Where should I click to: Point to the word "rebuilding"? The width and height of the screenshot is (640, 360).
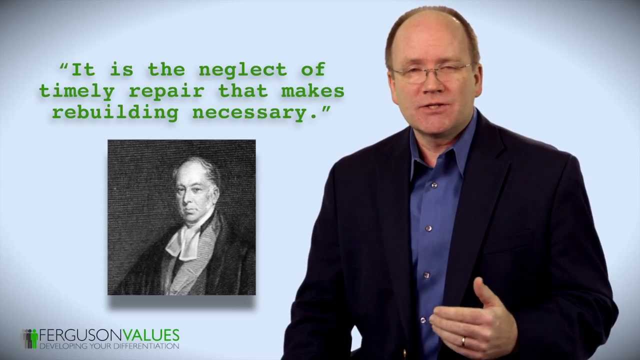pyautogui.click(x=115, y=113)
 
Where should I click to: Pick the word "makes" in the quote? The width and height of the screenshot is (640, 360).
pyautogui.click(x=312, y=91)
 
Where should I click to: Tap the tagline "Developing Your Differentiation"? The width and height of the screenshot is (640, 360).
pyautogui.click(x=109, y=346)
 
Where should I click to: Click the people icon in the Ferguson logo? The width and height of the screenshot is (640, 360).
pyautogui.click(x=30, y=338)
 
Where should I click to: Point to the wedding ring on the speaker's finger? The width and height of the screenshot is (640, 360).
pyautogui.click(x=463, y=341)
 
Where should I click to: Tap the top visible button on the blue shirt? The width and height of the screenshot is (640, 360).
pyautogui.click(x=434, y=186)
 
